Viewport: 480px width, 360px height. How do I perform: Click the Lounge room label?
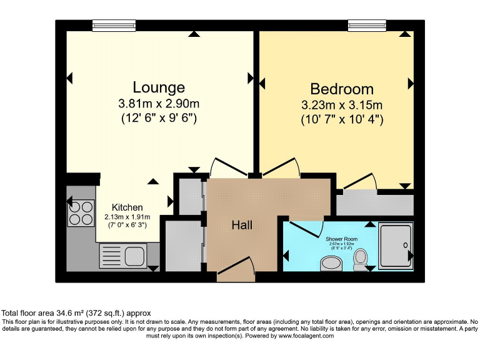pyautogui.click(x=159, y=87)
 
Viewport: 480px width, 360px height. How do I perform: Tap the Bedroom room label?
pyautogui.click(x=342, y=89)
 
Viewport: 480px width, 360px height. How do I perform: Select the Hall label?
pyautogui.click(x=242, y=224)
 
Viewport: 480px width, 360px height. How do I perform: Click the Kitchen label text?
pyautogui.click(x=127, y=207)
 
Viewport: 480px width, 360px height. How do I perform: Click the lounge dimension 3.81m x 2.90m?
pyautogui.click(x=159, y=103)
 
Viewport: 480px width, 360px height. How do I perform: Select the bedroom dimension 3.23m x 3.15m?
pyautogui.click(x=342, y=104)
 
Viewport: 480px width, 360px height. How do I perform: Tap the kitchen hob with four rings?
pyautogui.click(x=81, y=211)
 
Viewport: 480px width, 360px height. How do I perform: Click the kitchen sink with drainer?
pyautogui.click(x=122, y=256)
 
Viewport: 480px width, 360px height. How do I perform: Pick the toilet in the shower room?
pyautogui.click(x=361, y=261)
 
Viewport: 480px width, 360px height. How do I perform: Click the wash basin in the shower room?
pyautogui.click(x=329, y=263)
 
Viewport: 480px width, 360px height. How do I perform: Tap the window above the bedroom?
pyautogui.click(x=367, y=26)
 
